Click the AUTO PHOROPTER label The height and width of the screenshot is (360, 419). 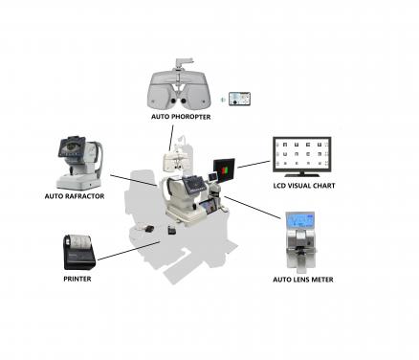click(x=180, y=117)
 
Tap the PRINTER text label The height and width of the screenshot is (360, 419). click(x=77, y=279)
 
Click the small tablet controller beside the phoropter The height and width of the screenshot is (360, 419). click(x=238, y=99)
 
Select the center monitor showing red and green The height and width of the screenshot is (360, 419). click(x=224, y=170)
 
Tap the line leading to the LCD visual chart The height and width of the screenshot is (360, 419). click(x=253, y=164)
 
